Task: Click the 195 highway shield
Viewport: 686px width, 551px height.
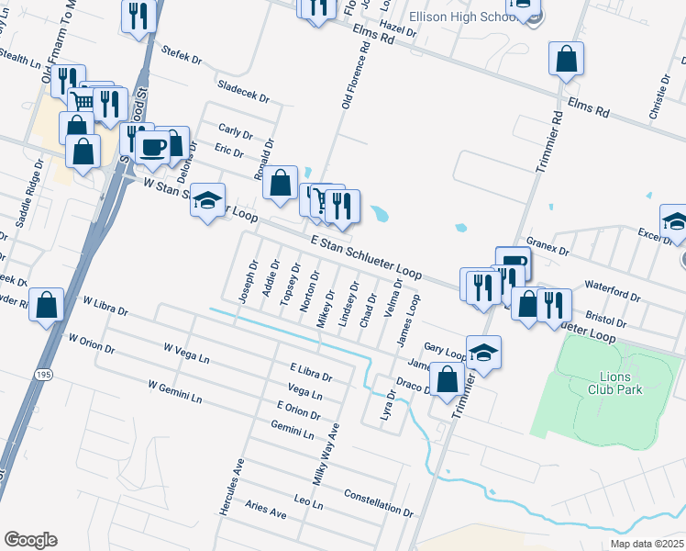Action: point(43,376)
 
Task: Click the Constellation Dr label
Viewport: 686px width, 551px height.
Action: point(379,501)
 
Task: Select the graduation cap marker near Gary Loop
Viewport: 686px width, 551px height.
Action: point(483,352)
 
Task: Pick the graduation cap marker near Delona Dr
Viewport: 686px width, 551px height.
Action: point(208,199)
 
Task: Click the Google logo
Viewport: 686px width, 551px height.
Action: point(30,540)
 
